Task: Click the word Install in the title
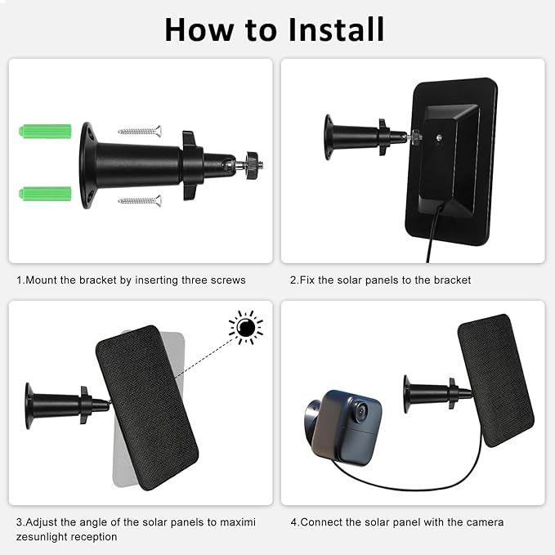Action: pos(336,29)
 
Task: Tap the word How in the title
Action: pos(199,29)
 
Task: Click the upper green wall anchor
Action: pos(45,132)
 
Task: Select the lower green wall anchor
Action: pos(45,194)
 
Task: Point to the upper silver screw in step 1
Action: pos(140,132)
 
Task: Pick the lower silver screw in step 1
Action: pos(140,201)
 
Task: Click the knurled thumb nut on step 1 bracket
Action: pos(253,164)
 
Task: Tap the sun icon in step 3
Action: pos(246,328)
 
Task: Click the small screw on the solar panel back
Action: pos(439,137)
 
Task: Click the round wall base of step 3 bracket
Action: pos(29,405)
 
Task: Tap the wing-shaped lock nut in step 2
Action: pos(383,137)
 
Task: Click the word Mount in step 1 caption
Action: pos(42,280)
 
